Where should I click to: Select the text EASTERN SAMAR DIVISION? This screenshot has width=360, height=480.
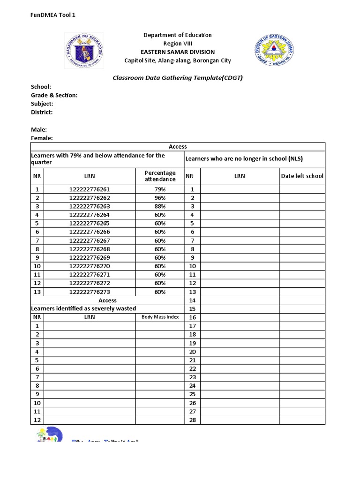coord(178,52)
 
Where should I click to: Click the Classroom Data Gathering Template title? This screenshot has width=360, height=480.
coord(178,78)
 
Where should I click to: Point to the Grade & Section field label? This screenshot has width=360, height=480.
coord(54,95)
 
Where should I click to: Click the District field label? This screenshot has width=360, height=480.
coord(42,112)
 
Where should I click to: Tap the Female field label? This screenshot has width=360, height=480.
coord(42,138)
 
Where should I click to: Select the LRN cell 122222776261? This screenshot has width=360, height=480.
coord(90,189)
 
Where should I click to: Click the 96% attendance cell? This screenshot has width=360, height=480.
coord(160,198)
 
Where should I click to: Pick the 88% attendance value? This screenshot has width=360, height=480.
coord(160,206)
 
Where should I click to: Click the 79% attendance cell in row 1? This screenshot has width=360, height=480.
coord(160,189)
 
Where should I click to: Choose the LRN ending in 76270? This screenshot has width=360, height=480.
coord(90,266)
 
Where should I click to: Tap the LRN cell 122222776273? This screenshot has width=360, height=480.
coord(90,292)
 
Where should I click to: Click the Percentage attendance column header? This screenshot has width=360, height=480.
coord(160,176)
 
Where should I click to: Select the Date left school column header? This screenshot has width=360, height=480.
coord(302,176)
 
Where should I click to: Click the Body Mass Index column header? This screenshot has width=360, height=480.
coord(160,317)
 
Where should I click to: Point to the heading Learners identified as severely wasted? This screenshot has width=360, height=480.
coord(83,308)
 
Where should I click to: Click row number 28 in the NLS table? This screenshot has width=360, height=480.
coord(192,420)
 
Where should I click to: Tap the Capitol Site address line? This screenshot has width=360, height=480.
coord(178,60)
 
